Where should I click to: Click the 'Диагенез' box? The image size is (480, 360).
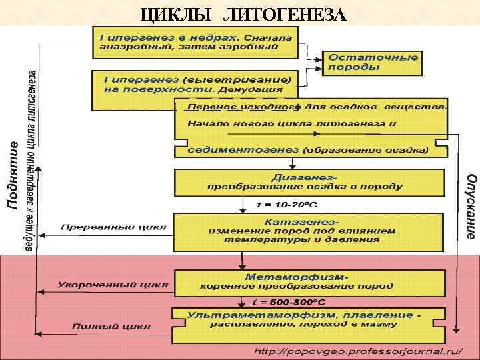pyautogui.click(x=308, y=181)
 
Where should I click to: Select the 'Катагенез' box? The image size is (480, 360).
pyautogui.click(x=308, y=231)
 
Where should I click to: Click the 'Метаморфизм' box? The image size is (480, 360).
pyautogui.click(x=308, y=281)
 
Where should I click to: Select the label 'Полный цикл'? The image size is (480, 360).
pyautogui.click(x=111, y=326)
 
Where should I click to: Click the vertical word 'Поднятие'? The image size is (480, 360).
pyautogui.click(x=13, y=173)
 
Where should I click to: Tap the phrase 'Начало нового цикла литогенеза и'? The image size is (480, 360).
pyautogui.click(x=292, y=123)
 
